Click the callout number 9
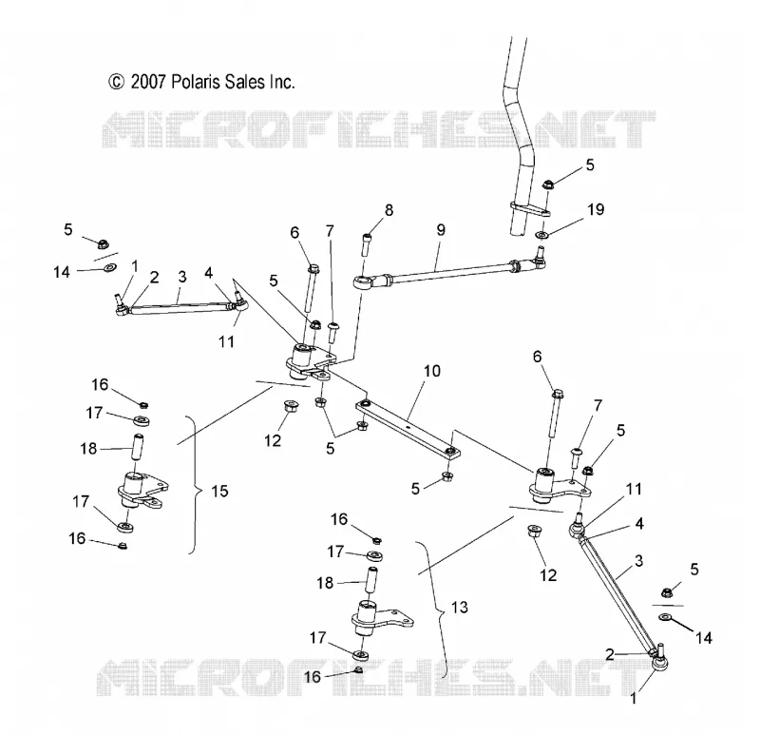[441, 229]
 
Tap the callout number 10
[432, 371]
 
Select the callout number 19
[596, 209]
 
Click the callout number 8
[389, 210]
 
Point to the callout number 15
[219, 491]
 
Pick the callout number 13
[460, 607]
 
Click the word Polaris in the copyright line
[193, 82]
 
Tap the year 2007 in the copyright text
[148, 82]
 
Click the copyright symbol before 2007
[116, 82]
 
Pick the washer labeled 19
[541, 235]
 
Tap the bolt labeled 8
[366, 245]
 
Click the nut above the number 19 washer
[548, 184]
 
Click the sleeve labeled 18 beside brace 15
[138, 449]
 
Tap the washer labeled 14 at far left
[111, 267]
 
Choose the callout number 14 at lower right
[704, 637]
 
